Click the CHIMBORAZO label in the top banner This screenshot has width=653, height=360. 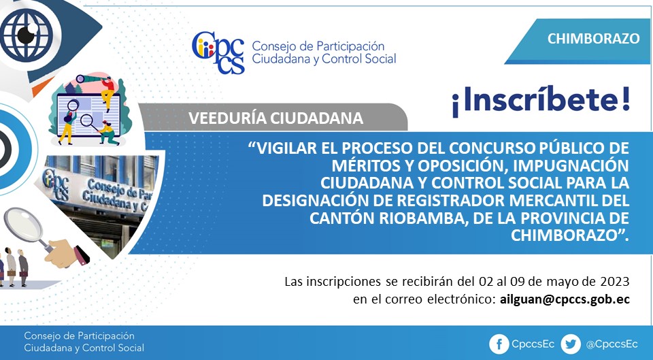click(x=593, y=38)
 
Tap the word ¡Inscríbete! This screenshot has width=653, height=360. click(x=541, y=101)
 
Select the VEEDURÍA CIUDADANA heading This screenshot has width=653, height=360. click(x=275, y=118)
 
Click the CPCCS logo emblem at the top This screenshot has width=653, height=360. click(x=218, y=52)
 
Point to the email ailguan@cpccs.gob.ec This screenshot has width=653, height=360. click(x=565, y=299)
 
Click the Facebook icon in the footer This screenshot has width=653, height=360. click(x=499, y=344)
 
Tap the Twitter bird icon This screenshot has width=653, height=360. click(x=570, y=344)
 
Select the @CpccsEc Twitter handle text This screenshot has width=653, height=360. click(x=612, y=344)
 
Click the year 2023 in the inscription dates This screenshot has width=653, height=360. click(x=615, y=281)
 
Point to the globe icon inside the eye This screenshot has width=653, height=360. click(x=27, y=35)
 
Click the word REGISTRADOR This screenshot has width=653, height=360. click(x=451, y=201)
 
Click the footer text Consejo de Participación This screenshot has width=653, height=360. click(x=79, y=336)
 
